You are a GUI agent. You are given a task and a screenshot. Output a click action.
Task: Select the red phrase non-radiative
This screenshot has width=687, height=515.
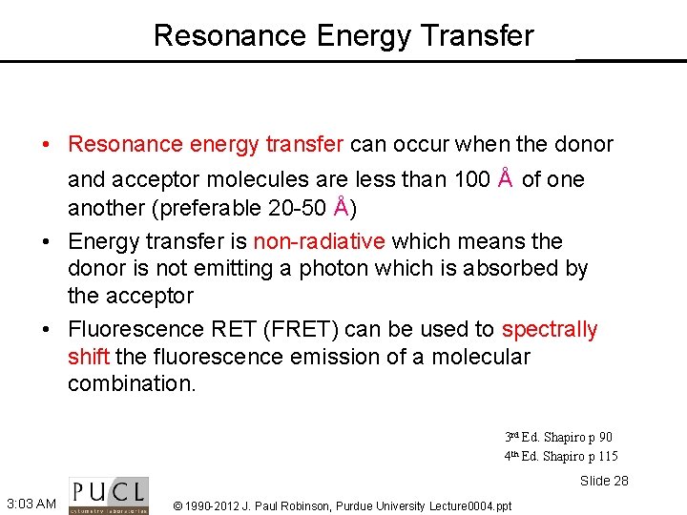(320, 241)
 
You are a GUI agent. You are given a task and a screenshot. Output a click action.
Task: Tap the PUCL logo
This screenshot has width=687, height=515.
(109, 495)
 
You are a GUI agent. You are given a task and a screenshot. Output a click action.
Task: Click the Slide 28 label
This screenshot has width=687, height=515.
(604, 481)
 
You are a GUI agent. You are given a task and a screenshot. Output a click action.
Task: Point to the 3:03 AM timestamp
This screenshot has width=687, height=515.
(30, 503)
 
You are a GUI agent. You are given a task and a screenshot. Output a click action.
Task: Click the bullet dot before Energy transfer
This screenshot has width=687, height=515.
(47, 242)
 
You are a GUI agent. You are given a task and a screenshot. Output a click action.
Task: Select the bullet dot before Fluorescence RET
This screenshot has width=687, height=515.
(47, 330)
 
